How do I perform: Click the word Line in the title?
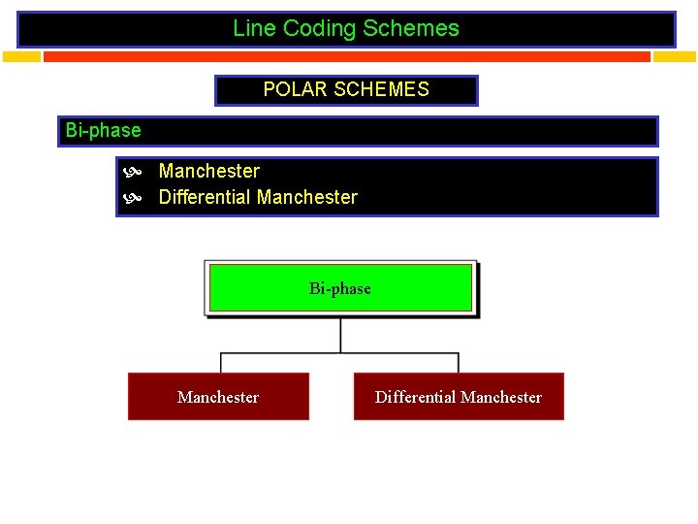[254, 28]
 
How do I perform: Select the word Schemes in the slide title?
[411, 28]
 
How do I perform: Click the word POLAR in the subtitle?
[296, 90]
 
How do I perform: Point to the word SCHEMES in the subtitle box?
[381, 90]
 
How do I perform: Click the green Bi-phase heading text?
[103, 130]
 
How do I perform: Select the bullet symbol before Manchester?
[134, 172]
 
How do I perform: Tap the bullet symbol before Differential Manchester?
[134, 198]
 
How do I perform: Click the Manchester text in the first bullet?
[209, 172]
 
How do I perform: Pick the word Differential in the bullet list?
[206, 198]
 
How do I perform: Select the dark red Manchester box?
[218, 397]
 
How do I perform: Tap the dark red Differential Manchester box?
[458, 397]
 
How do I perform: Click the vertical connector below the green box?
[340, 335]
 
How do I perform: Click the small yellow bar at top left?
[21, 56]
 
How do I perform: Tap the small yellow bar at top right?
[674, 56]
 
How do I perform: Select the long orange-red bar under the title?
[346, 56]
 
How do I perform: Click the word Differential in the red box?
[415, 397]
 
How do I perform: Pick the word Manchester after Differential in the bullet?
[308, 198]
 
